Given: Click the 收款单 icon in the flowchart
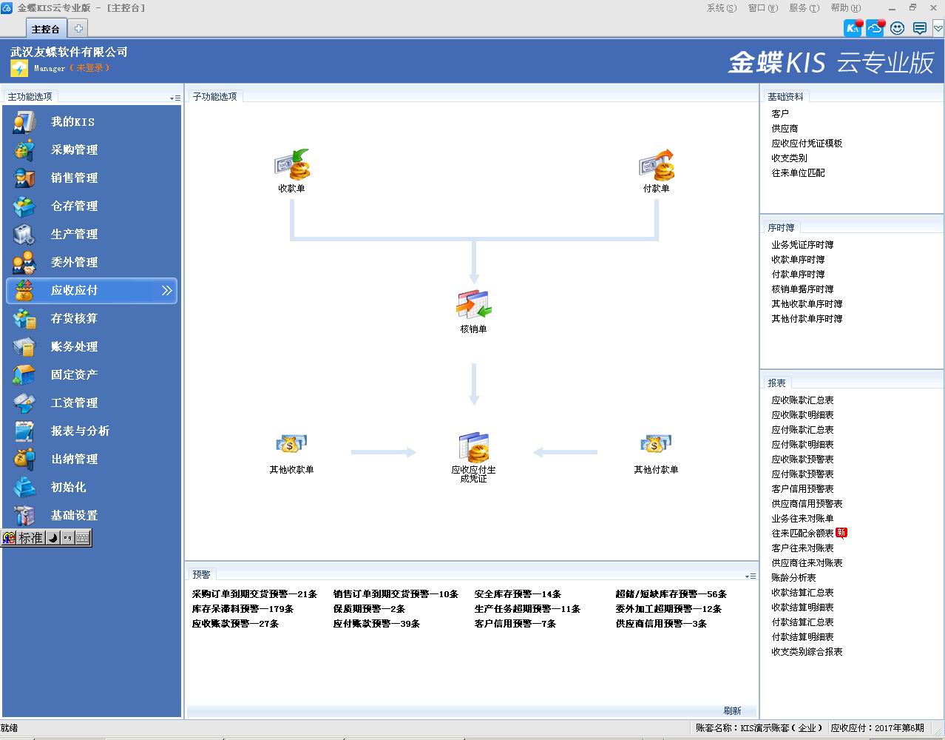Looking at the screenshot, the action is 292,164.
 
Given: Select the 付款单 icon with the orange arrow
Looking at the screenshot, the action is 656,164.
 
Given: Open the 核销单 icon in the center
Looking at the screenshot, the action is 473,305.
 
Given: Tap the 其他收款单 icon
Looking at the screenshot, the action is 291,444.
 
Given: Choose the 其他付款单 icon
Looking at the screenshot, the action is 656,444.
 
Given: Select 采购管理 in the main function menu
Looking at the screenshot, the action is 74,149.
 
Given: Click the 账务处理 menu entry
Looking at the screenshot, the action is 74,347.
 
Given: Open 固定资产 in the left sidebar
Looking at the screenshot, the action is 74,374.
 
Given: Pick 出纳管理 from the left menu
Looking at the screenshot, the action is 74,459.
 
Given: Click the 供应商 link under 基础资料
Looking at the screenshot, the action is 785,128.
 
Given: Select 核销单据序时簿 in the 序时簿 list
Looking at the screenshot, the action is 802,289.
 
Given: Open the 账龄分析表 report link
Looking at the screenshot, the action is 793,578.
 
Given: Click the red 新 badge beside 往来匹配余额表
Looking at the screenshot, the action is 841,533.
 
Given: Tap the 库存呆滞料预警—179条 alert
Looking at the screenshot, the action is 243,608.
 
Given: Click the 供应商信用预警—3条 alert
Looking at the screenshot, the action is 661,623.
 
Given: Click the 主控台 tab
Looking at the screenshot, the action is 46,29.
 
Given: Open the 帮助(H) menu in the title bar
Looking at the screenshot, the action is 845,8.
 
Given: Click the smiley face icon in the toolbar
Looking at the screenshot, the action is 897,28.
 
